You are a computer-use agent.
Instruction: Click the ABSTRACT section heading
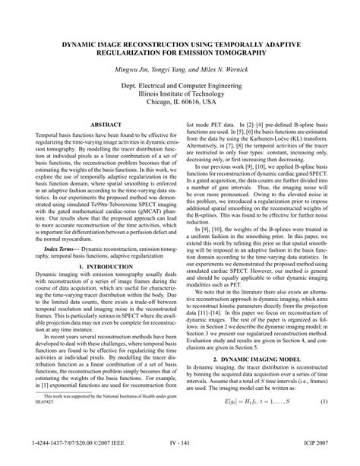pyautogui.click(x=100, y=122)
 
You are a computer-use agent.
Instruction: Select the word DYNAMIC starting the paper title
pyautogui.click(x=73, y=46)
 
